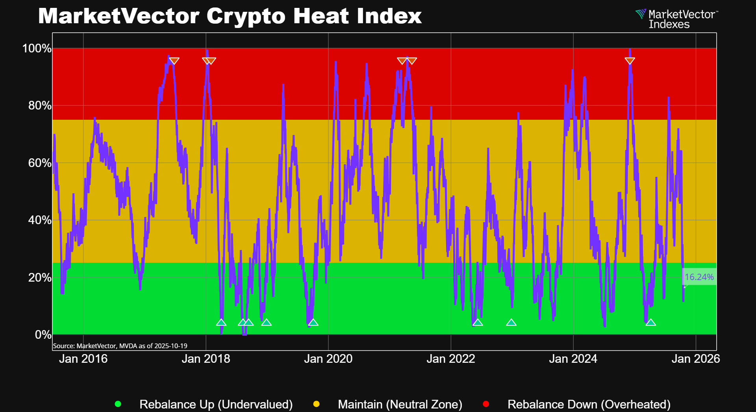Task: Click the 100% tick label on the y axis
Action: (x=37, y=48)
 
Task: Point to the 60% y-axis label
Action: (x=40, y=163)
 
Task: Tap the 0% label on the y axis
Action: (x=43, y=334)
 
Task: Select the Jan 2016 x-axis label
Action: (x=83, y=358)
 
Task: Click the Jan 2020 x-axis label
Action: (x=328, y=358)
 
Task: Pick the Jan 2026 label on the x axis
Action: (x=695, y=358)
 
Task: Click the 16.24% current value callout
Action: (x=699, y=277)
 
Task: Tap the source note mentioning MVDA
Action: (x=120, y=346)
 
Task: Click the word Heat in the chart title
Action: (x=321, y=16)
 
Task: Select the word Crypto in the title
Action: (x=246, y=16)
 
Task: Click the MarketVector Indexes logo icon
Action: (x=641, y=15)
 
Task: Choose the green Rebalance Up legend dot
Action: (x=118, y=404)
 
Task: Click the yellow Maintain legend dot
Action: (x=316, y=404)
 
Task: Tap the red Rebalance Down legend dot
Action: (x=486, y=404)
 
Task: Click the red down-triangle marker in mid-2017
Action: (x=174, y=61)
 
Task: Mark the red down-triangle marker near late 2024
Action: (x=630, y=61)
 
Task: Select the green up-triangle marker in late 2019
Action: (x=313, y=323)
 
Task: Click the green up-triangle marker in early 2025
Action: (x=651, y=323)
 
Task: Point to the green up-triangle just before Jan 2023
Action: (x=511, y=323)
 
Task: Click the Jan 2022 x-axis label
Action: (x=451, y=358)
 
